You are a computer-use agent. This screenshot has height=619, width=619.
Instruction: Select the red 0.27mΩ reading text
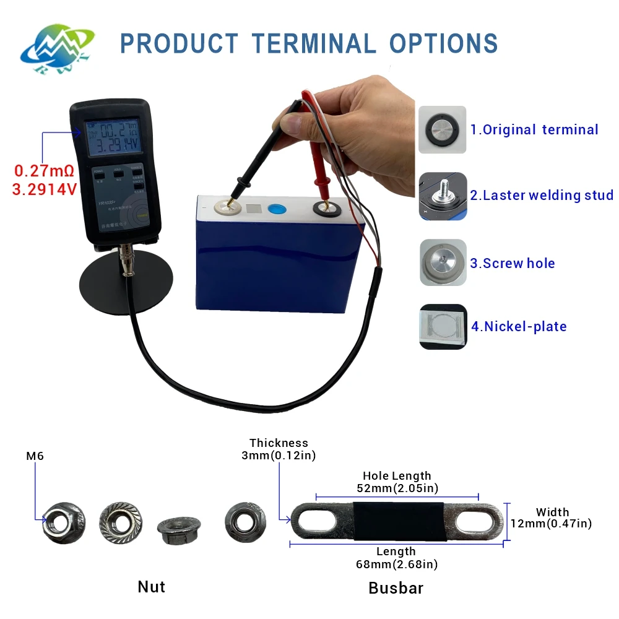[44, 170]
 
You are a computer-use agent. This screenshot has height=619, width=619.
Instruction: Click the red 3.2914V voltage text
[44, 189]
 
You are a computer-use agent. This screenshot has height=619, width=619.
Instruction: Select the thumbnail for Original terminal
[442, 129]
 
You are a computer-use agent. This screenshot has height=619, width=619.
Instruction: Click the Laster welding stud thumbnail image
[442, 196]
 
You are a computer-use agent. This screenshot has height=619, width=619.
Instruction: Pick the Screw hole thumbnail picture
[442, 262]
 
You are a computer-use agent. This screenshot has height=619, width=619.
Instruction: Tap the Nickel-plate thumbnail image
[442, 326]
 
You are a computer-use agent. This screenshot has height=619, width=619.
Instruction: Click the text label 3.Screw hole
[512, 263]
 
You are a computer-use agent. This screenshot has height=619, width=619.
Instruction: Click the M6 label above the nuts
[35, 456]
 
